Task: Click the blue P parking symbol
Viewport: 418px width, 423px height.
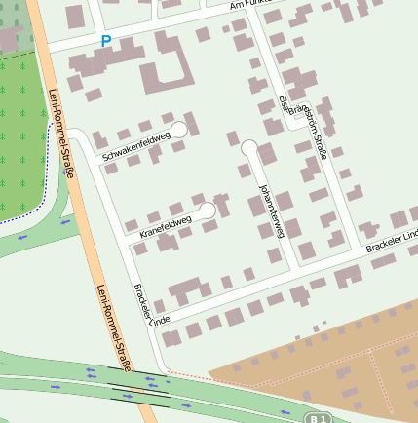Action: pyautogui.click(x=106, y=41)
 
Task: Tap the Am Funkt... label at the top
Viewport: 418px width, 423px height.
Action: pyautogui.click(x=247, y=6)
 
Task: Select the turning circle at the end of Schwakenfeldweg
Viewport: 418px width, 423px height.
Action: pyautogui.click(x=179, y=130)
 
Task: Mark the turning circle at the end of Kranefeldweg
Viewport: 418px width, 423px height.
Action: pyautogui.click(x=208, y=211)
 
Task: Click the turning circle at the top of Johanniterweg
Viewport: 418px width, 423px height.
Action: pyautogui.click(x=249, y=148)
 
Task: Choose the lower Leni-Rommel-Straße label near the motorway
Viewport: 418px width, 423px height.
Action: pyautogui.click(x=113, y=327)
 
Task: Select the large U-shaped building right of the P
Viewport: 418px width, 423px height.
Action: pyautogui.click(x=167, y=74)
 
